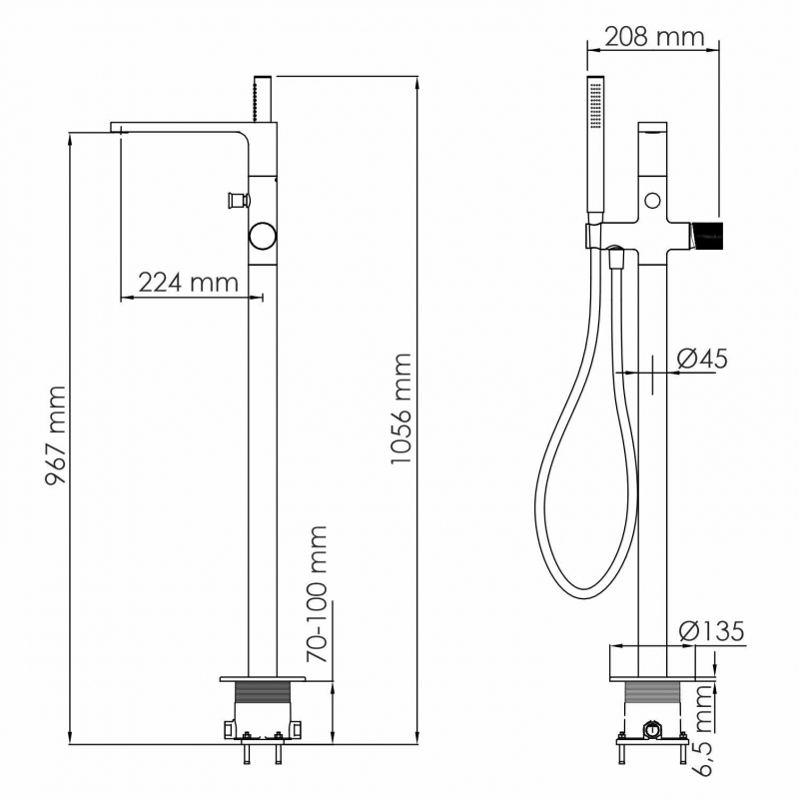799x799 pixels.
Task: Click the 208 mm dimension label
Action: point(654,37)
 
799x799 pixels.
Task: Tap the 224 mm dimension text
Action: point(189,282)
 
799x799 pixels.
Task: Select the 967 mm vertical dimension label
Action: point(55,435)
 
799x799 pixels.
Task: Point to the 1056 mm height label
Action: point(400,408)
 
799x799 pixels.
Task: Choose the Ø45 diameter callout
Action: point(702,359)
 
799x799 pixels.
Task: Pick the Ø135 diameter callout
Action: point(711,631)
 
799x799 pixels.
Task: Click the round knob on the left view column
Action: point(263,236)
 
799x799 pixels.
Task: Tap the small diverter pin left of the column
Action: point(238,199)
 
